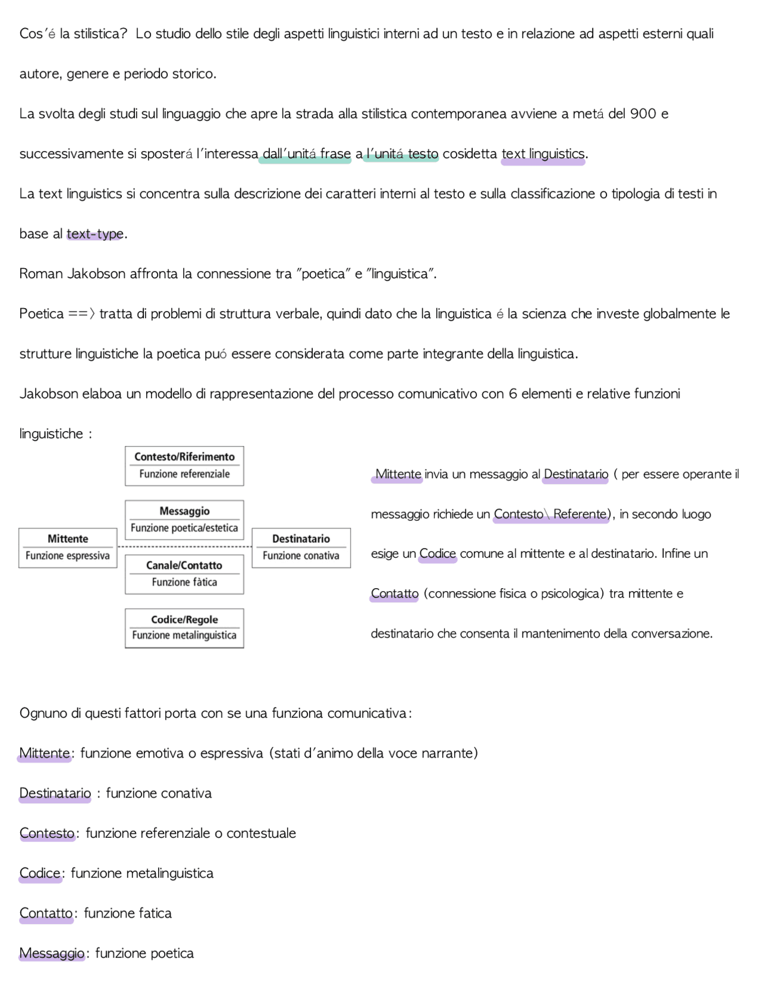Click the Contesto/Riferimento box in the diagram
pos(184,466)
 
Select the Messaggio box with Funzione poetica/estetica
pos(184,519)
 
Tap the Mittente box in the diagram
pos(68,548)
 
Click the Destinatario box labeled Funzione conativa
pos(301,548)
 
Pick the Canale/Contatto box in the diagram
pos(184,574)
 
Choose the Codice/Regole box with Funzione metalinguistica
pos(184,628)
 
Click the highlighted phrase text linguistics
pos(543,154)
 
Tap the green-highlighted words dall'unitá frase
pos(306,154)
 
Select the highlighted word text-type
pos(95,234)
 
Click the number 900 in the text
pos(643,114)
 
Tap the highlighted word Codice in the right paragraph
pos(438,554)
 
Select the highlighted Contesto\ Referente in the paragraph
pos(551,514)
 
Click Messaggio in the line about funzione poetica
pos(52,953)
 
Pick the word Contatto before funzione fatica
pos(46,913)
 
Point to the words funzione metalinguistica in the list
pos(142,874)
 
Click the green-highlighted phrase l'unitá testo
pos(402,154)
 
